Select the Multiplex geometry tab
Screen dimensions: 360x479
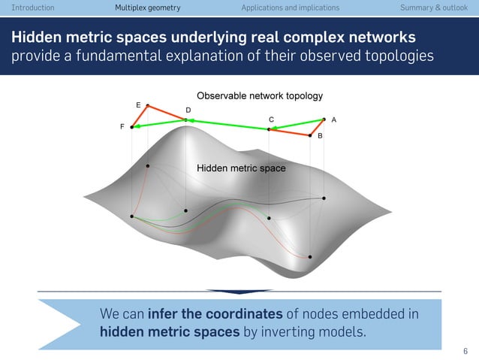[x=148, y=8]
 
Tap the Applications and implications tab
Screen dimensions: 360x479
[x=290, y=8]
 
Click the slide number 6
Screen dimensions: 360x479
[x=465, y=350]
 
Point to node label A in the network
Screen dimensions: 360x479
[x=333, y=119]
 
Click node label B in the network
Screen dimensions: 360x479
[x=320, y=136]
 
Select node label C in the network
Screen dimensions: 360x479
[x=271, y=119]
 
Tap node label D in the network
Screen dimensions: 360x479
[x=188, y=110]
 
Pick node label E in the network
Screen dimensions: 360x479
[x=138, y=104]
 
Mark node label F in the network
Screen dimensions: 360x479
[x=122, y=128]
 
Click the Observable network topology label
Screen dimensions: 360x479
[x=259, y=96]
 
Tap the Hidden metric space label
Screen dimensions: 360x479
[x=241, y=168]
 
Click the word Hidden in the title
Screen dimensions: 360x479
[x=38, y=38]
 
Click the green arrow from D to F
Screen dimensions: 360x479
[x=158, y=123]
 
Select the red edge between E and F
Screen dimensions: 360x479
[x=140, y=116]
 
